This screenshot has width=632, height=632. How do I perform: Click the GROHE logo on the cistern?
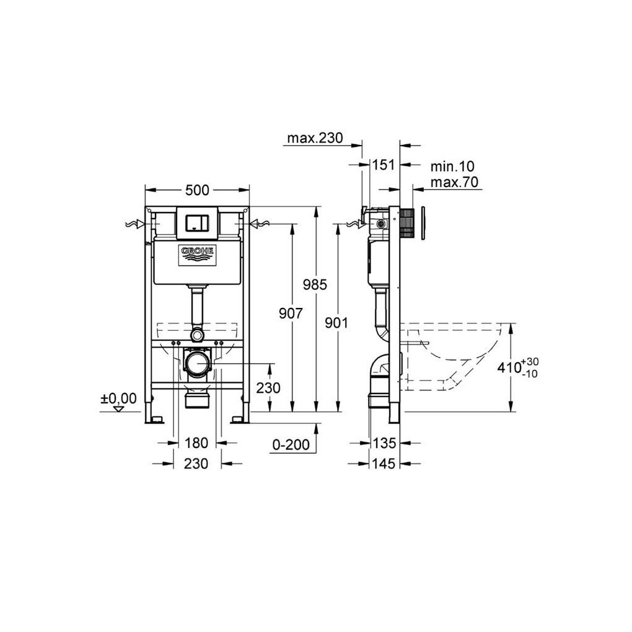[x=198, y=255]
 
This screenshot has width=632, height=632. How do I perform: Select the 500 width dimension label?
[x=197, y=190]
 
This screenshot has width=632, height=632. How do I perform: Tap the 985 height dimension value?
[x=315, y=285]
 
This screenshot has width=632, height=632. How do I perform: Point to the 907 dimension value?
[x=291, y=313]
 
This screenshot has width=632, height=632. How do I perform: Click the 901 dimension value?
[x=336, y=323]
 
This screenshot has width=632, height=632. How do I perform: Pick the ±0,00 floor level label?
[x=118, y=398]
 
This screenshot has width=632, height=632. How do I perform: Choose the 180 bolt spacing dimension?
[x=196, y=443]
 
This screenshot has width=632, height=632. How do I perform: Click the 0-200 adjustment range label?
[x=291, y=445]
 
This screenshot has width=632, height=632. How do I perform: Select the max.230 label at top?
[x=315, y=138]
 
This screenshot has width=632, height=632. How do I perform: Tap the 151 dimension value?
[x=383, y=164]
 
